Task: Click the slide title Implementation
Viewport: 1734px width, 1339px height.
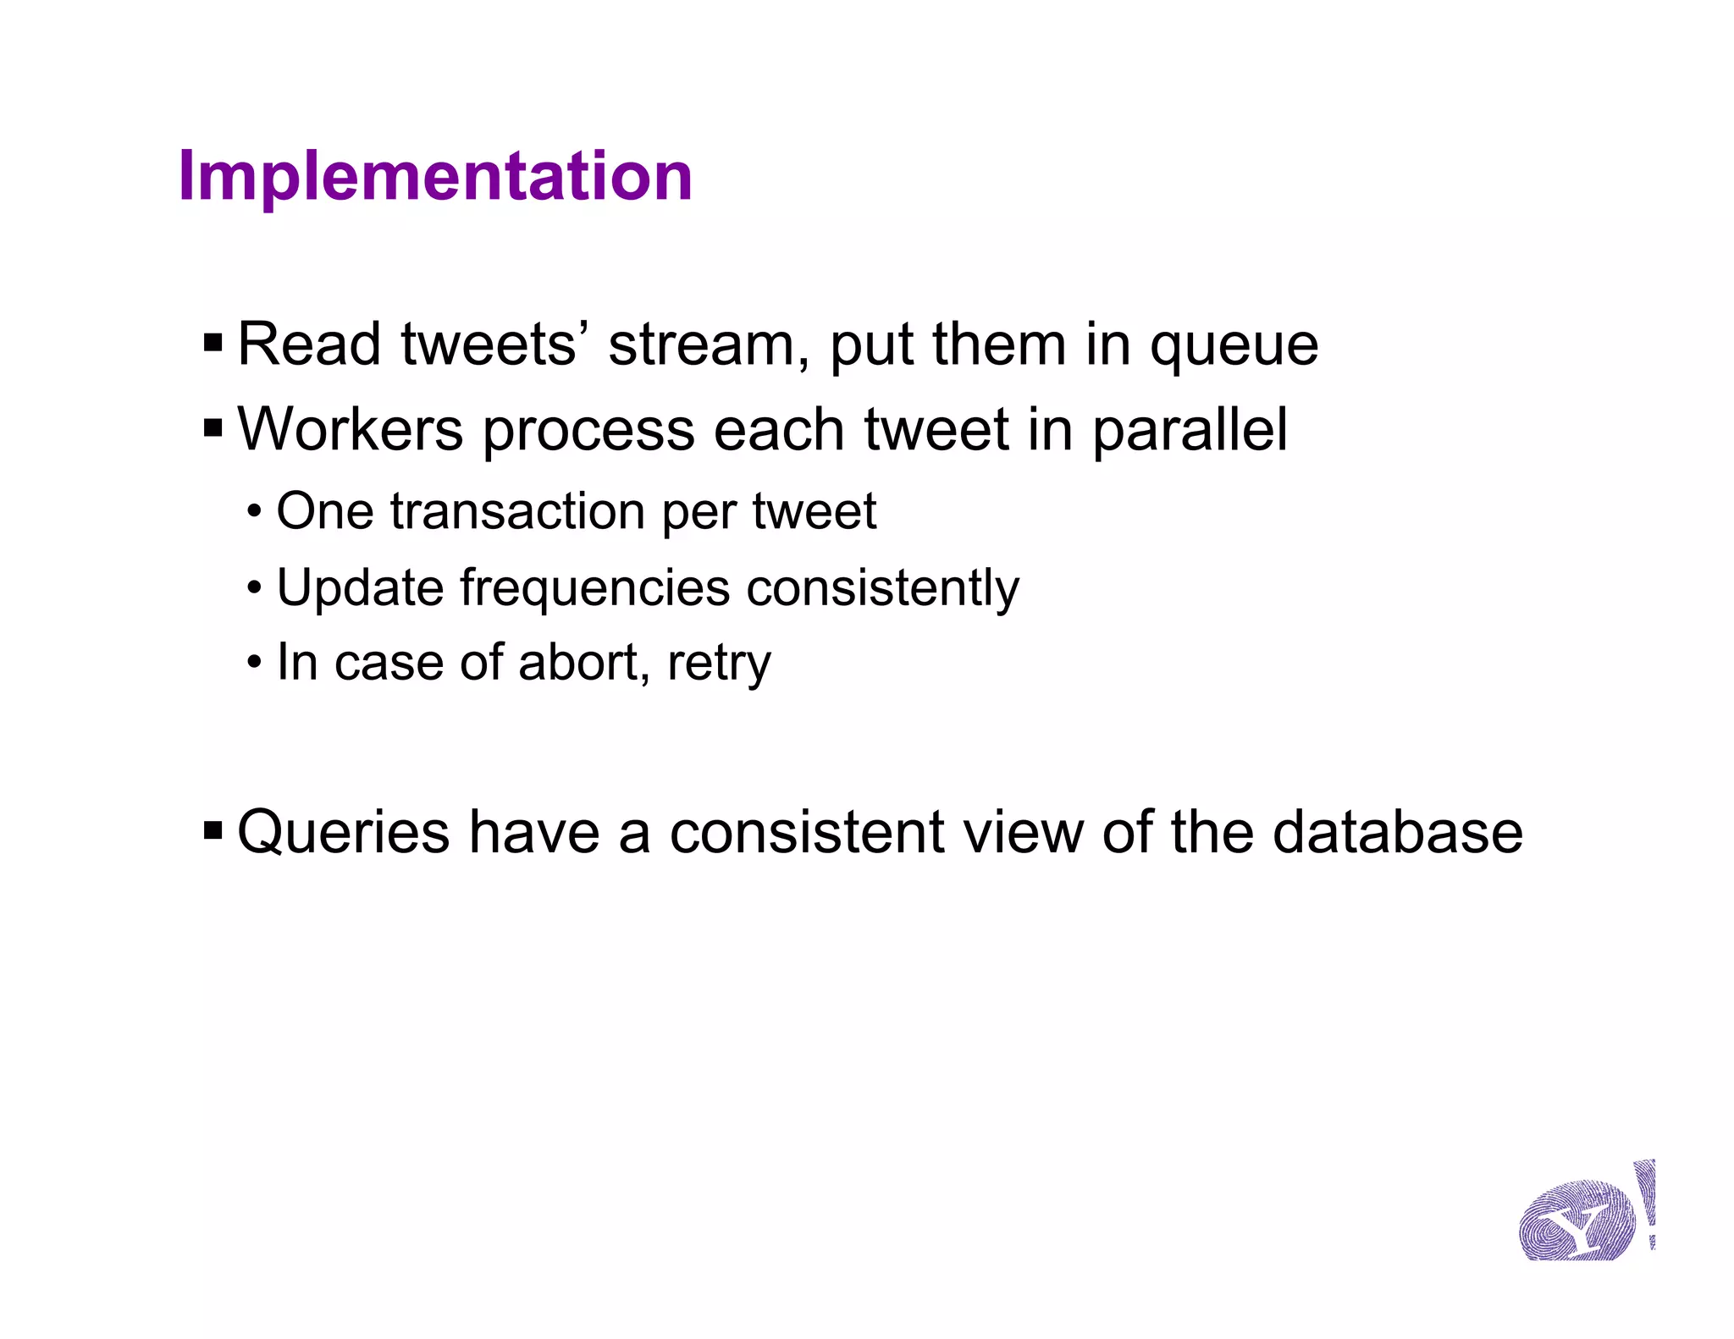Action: point(435,176)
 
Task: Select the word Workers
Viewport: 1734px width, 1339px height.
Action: point(350,430)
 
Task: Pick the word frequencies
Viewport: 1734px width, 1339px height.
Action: point(594,587)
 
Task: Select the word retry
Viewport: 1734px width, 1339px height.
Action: point(719,664)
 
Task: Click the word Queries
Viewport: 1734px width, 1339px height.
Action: point(343,833)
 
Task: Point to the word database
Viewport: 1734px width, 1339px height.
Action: point(1397,833)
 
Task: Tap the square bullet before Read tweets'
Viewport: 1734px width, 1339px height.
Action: point(213,344)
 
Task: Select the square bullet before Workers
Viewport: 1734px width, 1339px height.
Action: point(213,428)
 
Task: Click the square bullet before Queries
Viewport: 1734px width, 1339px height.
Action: point(213,831)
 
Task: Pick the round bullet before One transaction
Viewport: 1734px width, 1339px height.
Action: point(254,512)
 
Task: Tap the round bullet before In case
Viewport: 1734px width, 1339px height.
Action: point(254,663)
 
